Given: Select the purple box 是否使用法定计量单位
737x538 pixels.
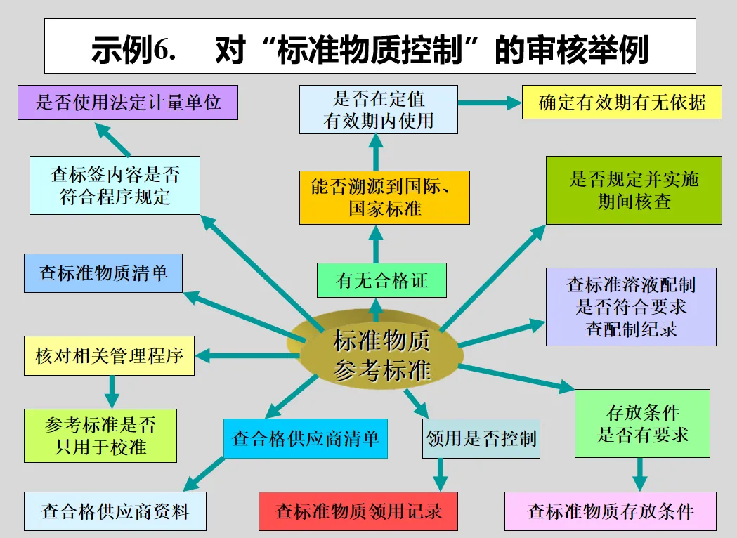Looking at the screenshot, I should (128, 103).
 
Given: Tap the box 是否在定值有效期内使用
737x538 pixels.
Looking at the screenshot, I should (378, 110).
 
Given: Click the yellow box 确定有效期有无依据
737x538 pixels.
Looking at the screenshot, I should (622, 103).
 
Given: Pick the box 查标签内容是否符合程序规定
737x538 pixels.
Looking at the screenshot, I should (115, 185).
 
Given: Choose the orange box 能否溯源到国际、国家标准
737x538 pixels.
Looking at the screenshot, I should (384, 198).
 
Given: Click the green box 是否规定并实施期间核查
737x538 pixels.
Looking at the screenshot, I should (634, 190).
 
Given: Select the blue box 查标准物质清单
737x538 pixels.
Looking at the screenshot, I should (103, 273).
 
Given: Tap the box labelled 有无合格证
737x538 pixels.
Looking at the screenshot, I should (381, 281).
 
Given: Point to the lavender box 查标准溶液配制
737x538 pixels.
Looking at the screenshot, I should (631, 306).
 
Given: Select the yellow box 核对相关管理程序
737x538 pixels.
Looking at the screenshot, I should (109, 355).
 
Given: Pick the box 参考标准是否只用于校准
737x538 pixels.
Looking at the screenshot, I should (100, 435).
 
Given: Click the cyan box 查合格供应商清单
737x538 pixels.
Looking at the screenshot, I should (306, 438).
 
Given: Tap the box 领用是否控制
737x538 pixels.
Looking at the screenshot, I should (481, 439).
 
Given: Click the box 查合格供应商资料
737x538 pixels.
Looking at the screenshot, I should (115, 511).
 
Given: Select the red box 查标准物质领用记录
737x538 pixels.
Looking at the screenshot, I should (358, 511).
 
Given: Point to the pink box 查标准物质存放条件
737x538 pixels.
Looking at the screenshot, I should (610, 511).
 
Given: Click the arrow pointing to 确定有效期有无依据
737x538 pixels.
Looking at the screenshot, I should (489, 103).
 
